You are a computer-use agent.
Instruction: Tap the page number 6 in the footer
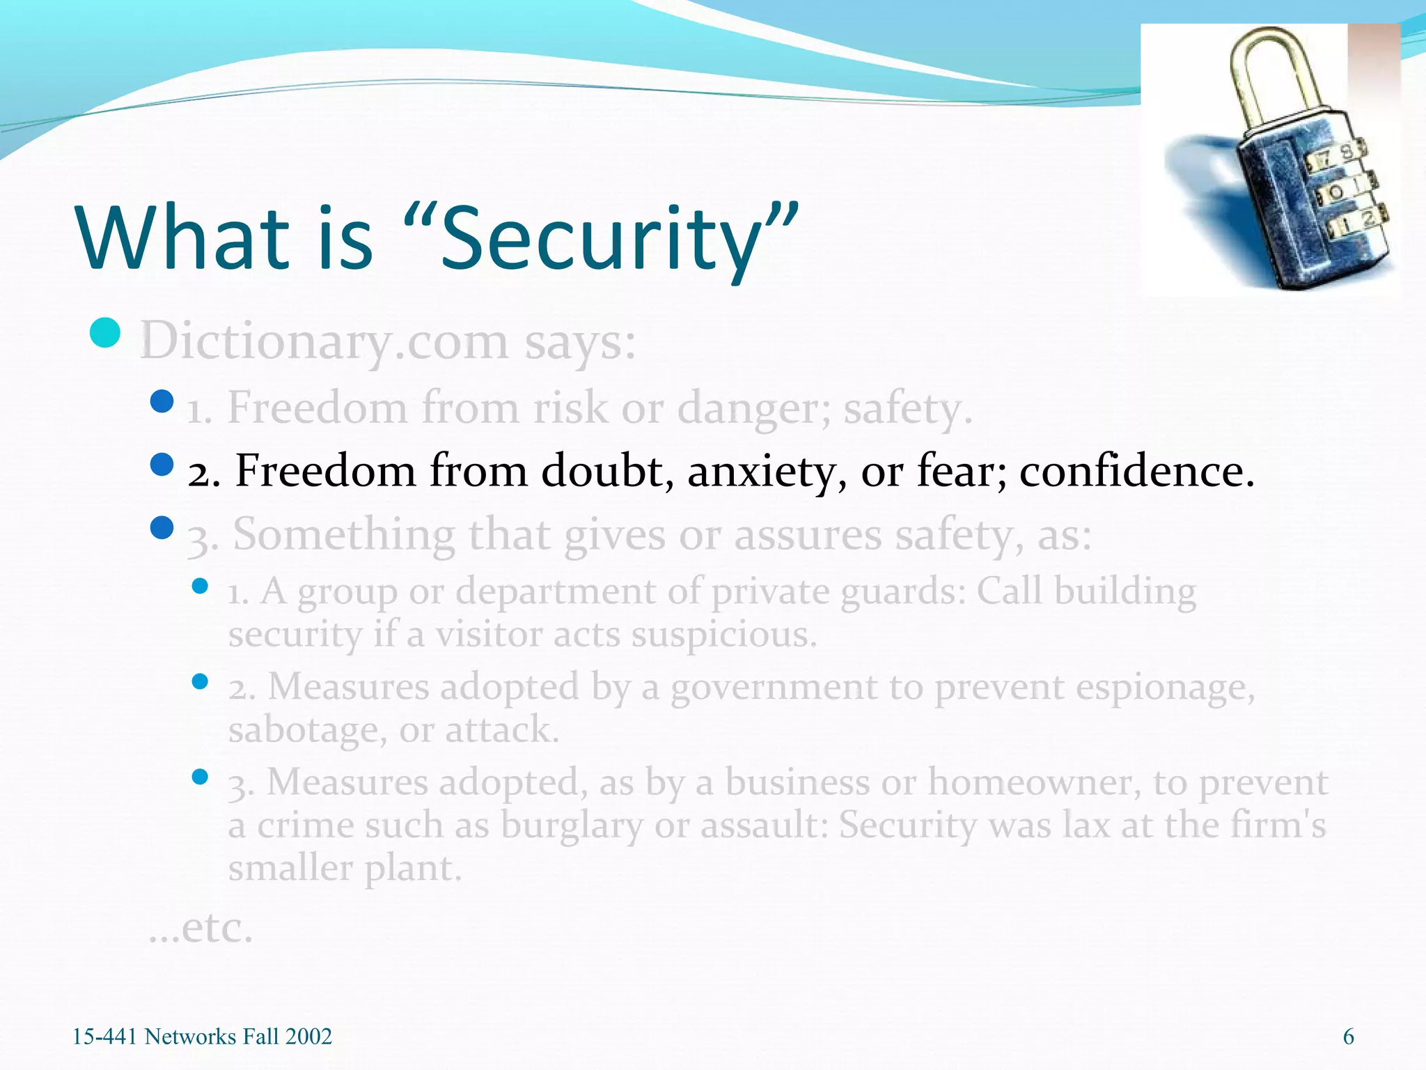1348,1037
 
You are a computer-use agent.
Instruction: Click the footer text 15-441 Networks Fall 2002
202,1037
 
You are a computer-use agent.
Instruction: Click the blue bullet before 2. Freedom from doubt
162,464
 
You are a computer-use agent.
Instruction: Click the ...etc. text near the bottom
201,928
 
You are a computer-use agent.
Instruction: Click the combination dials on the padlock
1340,188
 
